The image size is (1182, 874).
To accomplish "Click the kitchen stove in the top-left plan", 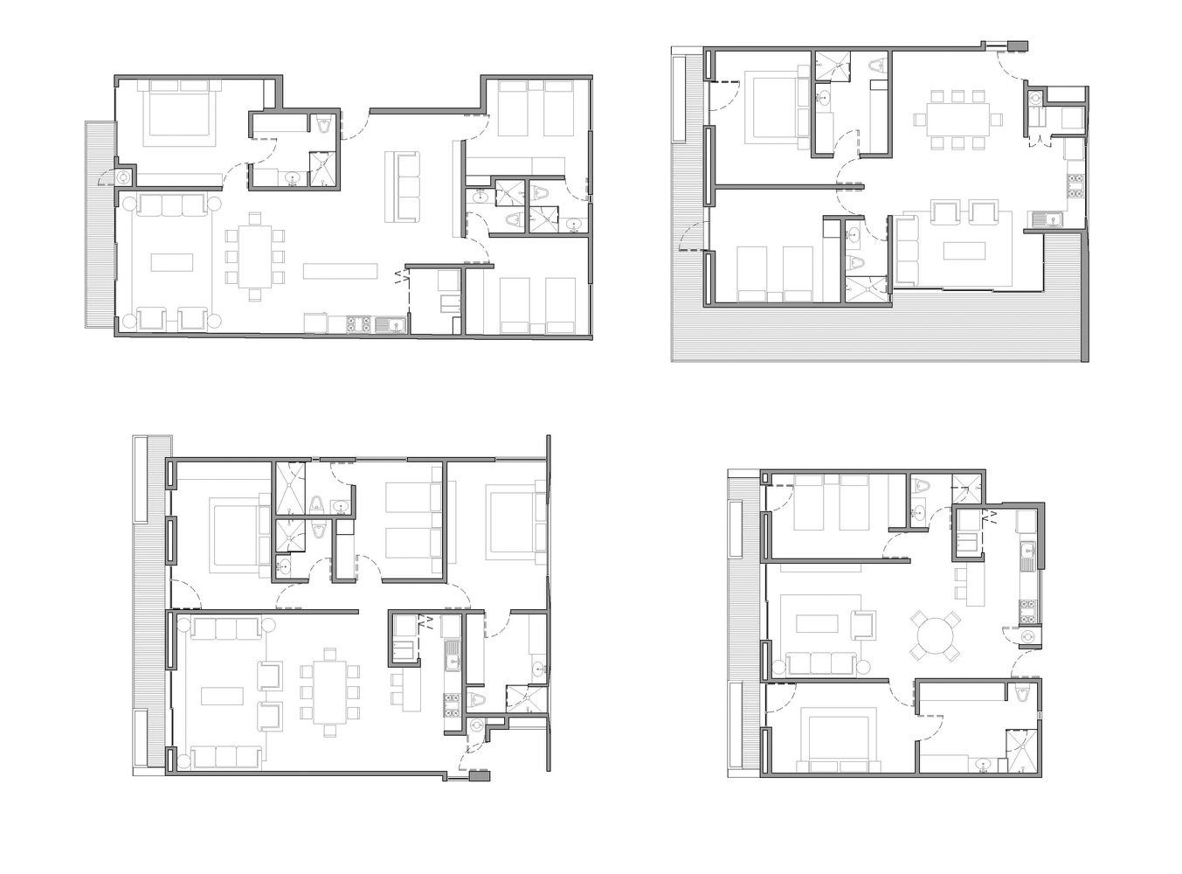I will [x=356, y=323].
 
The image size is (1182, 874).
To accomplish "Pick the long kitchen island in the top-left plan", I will [x=341, y=271].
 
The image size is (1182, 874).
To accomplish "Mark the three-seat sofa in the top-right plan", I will [x=907, y=249].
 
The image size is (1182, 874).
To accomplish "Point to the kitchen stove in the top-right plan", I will [x=1074, y=184].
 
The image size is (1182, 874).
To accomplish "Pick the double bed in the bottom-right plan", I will [x=839, y=744].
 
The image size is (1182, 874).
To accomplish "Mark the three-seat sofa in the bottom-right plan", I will [x=821, y=663].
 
